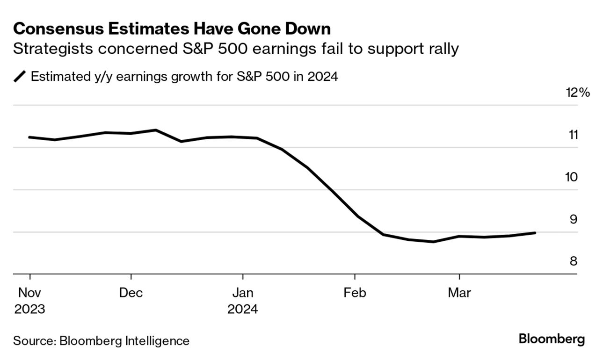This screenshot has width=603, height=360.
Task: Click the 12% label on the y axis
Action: pyautogui.click(x=578, y=93)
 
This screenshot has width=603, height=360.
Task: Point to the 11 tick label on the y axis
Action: pyautogui.click(x=573, y=135)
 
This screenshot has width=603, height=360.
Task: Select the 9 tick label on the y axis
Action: pyautogui.click(x=574, y=219)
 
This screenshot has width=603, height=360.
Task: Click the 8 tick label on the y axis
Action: pyautogui.click(x=574, y=261)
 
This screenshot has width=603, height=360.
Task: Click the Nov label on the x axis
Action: pyautogui.click(x=29, y=293)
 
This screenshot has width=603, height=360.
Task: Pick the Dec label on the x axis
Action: pyautogui.click(x=131, y=293)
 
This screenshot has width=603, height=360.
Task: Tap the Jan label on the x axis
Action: pyautogui.click(x=243, y=293)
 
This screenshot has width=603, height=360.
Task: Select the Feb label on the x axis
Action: pyautogui.click(x=355, y=293)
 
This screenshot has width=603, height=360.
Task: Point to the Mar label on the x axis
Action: pyautogui.click(x=459, y=293)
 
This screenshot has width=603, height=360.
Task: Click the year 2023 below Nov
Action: pyautogui.click(x=29, y=310)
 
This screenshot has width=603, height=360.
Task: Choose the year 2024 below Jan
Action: pyautogui.click(x=243, y=310)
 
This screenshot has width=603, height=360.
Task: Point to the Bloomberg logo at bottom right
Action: pyautogui.click(x=552, y=339)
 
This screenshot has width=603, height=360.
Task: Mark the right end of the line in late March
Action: pyautogui.click(x=535, y=233)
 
